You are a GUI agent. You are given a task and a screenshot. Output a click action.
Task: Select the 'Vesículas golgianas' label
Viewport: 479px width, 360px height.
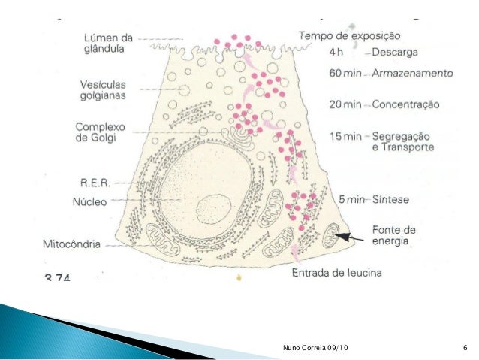tap(104, 90)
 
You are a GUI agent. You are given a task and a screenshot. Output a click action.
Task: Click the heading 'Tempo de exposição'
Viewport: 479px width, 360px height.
tap(350, 35)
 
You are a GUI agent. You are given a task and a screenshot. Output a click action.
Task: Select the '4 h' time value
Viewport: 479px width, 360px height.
tap(337, 53)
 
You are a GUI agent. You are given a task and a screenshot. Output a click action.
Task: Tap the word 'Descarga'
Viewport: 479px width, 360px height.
tap(402, 53)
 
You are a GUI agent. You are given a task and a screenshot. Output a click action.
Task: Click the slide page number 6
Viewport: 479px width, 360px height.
tap(465, 346)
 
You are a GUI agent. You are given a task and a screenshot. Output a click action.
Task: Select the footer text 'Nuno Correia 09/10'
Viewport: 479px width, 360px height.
tap(309, 346)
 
